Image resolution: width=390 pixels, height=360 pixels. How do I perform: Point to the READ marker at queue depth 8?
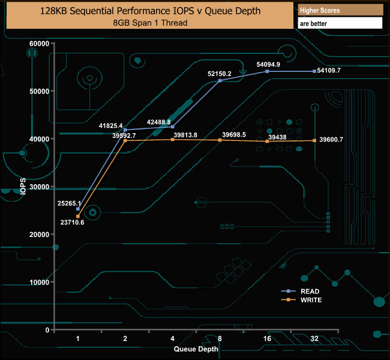tap(220, 80)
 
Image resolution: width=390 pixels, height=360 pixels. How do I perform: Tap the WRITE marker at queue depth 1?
tap(78, 216)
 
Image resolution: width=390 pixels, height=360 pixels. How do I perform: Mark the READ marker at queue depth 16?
tap(267, 71)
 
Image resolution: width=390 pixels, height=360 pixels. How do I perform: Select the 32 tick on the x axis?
tap(314, 339)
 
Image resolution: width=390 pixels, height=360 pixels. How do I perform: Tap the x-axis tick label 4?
tap(172, 339)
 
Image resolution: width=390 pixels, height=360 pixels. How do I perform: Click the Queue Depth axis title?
tap(196, 349)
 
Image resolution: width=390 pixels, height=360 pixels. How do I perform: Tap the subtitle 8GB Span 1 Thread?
tap(150, 23)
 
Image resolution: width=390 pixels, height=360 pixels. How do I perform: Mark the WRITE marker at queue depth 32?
tap(314, 140)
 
